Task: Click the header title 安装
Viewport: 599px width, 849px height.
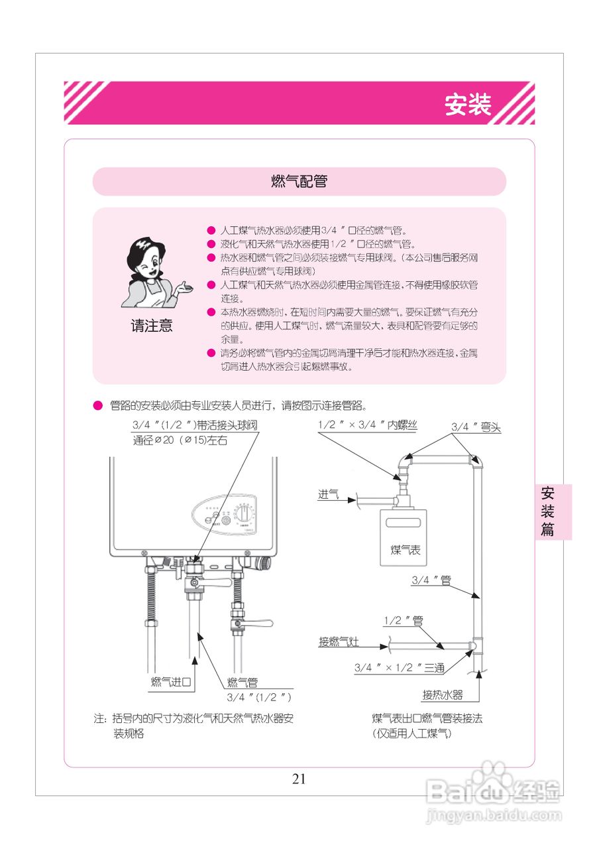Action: point(468,105)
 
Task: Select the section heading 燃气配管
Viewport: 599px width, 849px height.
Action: point(299,182)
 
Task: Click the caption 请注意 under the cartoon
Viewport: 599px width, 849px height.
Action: point(151,326)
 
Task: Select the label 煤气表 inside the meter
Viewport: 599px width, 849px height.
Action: point(405,550)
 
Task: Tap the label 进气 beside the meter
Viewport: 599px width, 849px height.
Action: point(328,494)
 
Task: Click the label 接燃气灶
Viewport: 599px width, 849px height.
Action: point(339,641)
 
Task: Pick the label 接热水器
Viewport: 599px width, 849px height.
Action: point(443,695)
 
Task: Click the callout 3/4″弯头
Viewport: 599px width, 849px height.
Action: point(476,428)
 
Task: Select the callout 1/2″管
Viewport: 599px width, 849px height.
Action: point(403,621)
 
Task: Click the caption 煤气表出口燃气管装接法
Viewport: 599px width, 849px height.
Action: point(427,718)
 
